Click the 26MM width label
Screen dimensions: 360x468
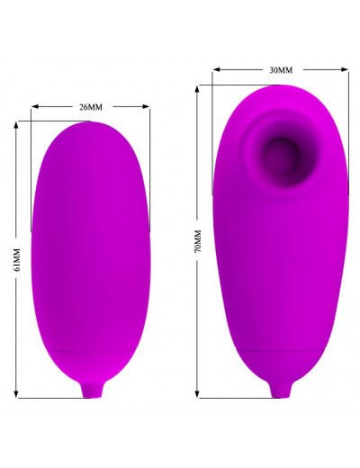tap(91, 107)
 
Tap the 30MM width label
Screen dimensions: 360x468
tap(281, 70)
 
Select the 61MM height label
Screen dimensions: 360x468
tap(16, 260)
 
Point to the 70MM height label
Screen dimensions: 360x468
tap(198, 241)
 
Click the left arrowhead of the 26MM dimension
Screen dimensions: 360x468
tap(35, 106)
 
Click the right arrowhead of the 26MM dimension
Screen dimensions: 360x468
tap(146, 106)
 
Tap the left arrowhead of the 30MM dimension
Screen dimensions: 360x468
tap(217, 69)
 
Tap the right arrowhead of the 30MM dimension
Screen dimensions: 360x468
tap(345, 69)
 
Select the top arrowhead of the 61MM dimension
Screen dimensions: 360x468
tap(16, 125)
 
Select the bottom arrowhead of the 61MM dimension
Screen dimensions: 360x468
tap(16, 394)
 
